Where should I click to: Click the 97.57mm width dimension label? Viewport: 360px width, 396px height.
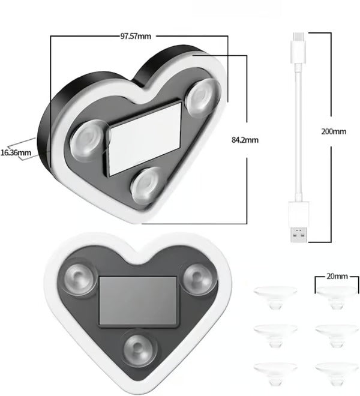pos(135,36)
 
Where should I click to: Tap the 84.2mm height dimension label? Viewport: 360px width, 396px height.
pos(244,140)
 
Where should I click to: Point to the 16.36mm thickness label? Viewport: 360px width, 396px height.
pos(16,152)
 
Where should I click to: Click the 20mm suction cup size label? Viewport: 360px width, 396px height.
pos(336,277)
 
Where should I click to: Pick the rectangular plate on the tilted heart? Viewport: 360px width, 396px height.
pos(143,137)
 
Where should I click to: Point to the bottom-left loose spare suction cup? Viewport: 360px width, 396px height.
pos(274,371)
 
